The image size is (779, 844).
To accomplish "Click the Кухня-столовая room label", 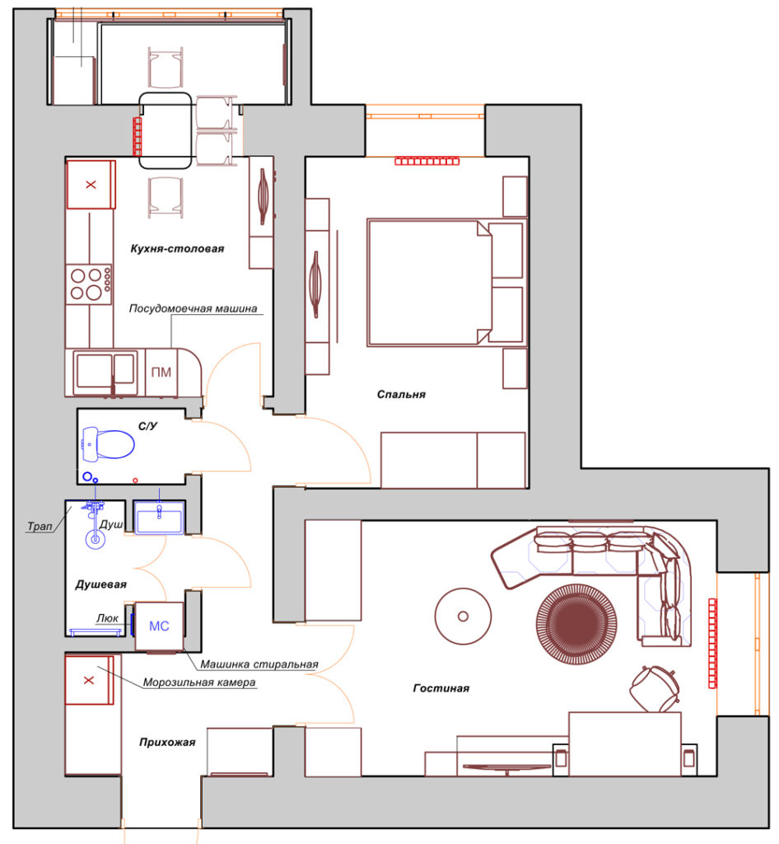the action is [177, 249].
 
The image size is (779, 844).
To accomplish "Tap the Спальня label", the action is [401, 395].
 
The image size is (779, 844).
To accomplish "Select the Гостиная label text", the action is [441, 688].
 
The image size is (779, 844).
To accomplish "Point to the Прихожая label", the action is [167, 743].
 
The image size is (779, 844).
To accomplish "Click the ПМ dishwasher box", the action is [161, 373].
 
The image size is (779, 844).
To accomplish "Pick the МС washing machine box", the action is [159, 626].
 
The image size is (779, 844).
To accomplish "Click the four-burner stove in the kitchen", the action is [89, 284].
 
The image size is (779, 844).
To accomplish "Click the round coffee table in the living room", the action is [463, 617].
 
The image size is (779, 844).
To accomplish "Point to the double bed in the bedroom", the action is [445, 282].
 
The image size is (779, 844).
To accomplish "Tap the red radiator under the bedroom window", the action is [427, 161].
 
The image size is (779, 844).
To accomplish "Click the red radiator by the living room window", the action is [712, 643].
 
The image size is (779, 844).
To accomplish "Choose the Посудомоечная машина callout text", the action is [193, 308].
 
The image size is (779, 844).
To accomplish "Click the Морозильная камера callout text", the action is [199, 682].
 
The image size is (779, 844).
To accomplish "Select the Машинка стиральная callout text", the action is [259, 664].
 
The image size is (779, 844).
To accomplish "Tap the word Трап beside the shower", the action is [40, 526].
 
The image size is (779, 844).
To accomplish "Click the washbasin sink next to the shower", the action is [159, 518].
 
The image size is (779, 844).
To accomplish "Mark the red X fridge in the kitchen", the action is [91, 185].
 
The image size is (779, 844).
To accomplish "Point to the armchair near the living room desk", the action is [655, 688].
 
